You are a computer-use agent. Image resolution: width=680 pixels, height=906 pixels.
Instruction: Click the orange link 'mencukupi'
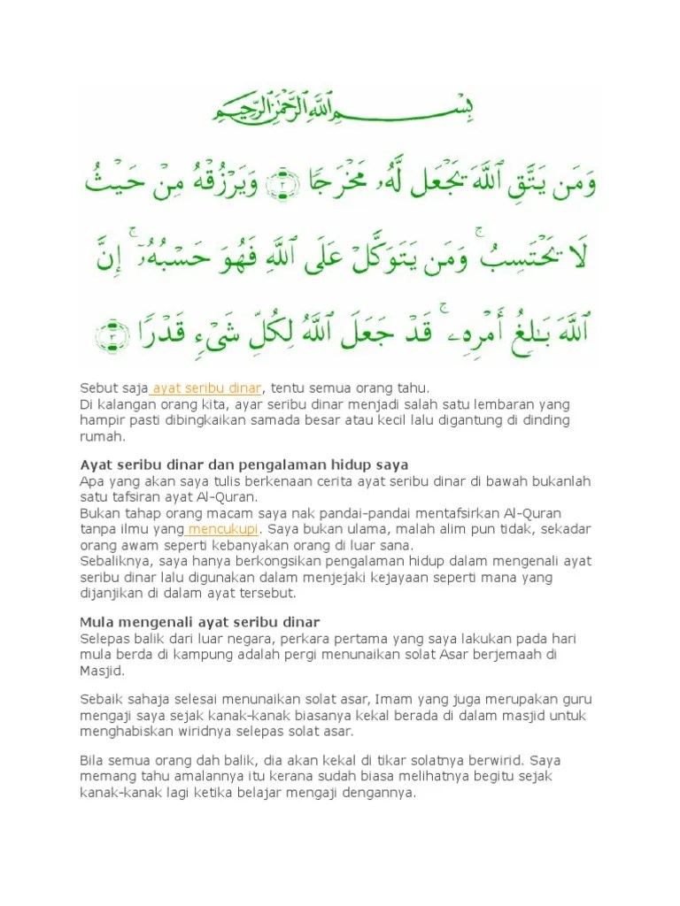222,529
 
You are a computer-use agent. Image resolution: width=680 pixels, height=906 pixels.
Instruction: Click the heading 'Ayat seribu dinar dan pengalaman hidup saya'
243,465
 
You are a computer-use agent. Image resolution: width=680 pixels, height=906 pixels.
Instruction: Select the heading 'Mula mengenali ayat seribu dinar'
199,622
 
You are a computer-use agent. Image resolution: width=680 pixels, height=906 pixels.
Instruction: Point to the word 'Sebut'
97,388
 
